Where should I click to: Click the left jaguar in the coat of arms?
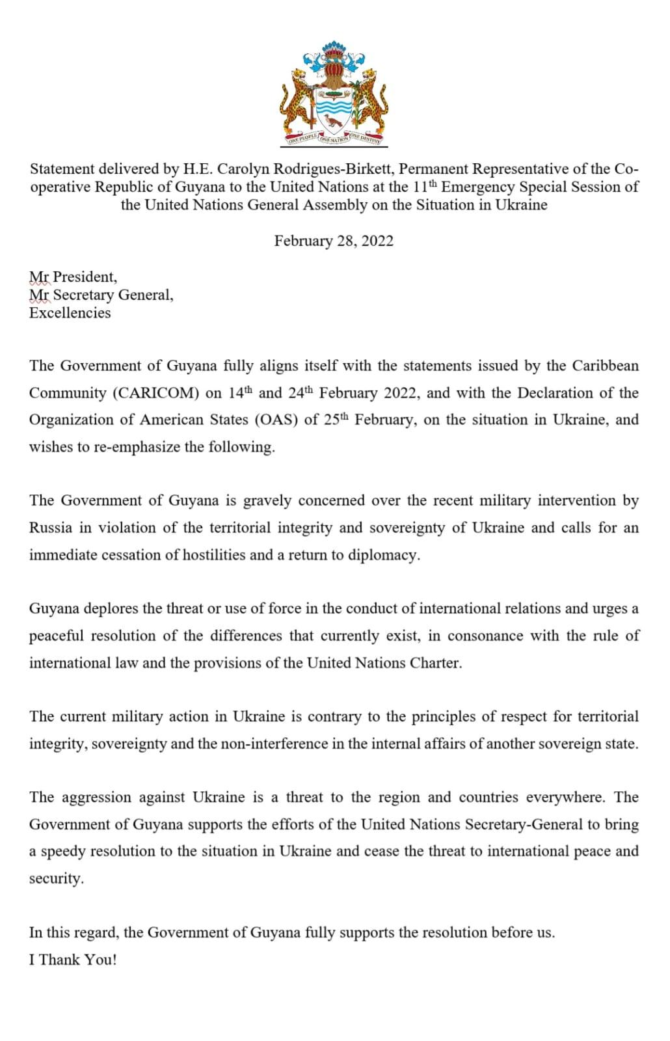click(x=297, y=98)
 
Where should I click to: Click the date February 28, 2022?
click(x=334, y=241)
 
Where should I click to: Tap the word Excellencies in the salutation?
click(x=70, y=313)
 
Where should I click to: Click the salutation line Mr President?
click(x=73, y=277)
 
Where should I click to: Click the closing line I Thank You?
click(x=73, y=960)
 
